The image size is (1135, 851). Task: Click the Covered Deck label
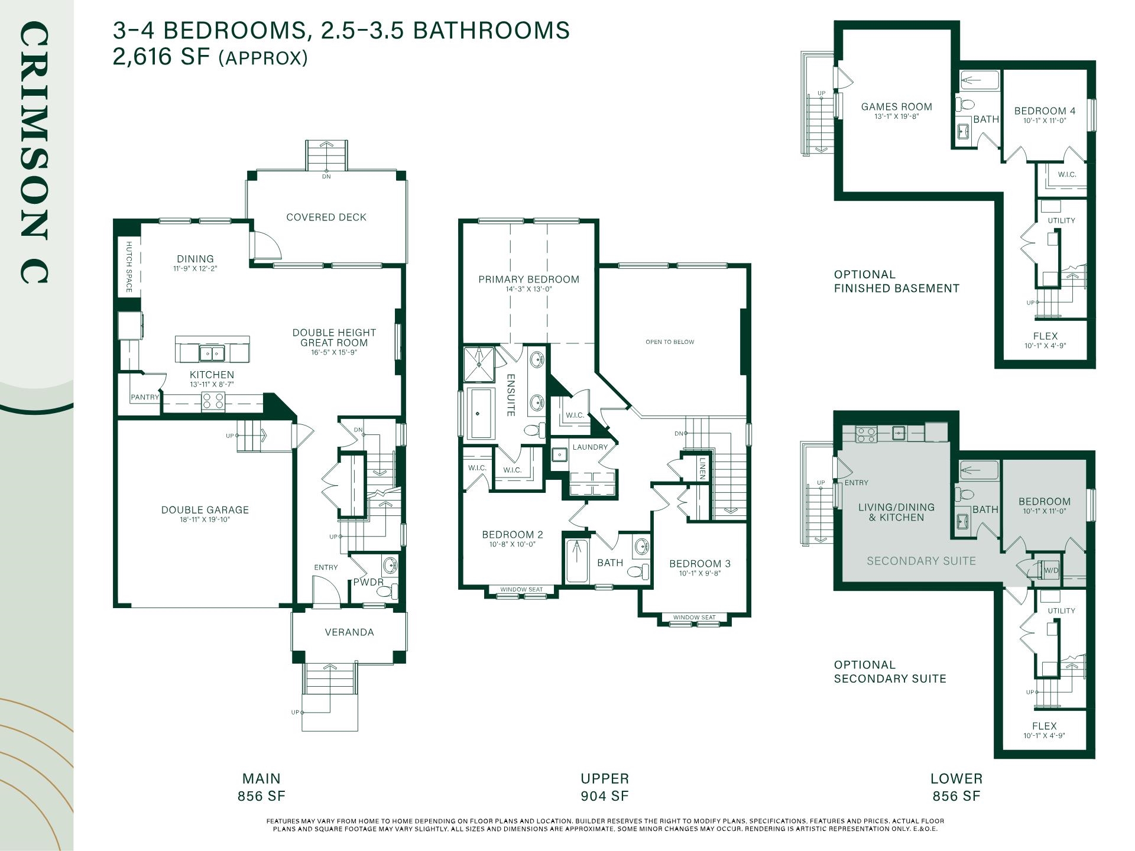coord(326,217)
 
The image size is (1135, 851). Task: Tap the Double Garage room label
coord(205,510)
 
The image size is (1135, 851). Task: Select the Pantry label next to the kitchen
coord(145,397)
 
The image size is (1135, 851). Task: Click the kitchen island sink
coord(212,353)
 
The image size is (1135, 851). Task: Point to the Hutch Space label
coord(129,267)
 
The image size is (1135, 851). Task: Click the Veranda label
coord(349,632)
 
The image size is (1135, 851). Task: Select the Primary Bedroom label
coord(529,280)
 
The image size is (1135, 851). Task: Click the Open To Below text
coord(670,342)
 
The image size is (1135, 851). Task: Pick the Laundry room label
coord(590,447)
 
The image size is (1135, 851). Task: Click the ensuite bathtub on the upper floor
coord(481,414)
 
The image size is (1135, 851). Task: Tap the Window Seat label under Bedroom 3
coord(695,618)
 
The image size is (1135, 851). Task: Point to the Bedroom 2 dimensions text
coord(513,544)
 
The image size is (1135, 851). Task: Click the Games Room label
coord(897,107)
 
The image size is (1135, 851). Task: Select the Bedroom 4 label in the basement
coord(1045,111)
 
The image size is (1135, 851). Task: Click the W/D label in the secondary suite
coord(1051,571)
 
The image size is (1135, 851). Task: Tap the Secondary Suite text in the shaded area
coord(922,561)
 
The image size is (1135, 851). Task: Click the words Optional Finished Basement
coord(897,281)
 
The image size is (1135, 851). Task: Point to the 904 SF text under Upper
coord(605,796)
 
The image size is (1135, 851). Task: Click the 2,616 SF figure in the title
coord(161,57)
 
